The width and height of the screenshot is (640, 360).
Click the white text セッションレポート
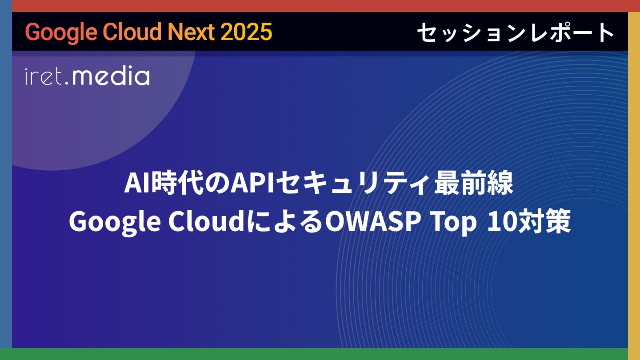[516, 32]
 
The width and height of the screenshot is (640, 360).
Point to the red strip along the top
[320, 6]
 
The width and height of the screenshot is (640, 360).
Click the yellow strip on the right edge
[634, 180]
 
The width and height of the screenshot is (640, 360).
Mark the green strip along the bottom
[320, 354]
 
